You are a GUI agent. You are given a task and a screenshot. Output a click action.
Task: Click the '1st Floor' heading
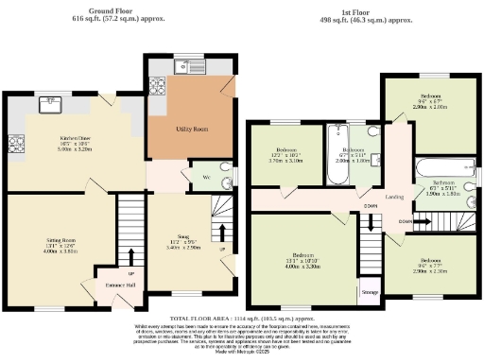pos(354,11)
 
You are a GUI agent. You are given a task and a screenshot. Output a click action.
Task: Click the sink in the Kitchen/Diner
pos(44,105)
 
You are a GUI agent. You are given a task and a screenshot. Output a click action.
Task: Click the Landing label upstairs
pos(396,197)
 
